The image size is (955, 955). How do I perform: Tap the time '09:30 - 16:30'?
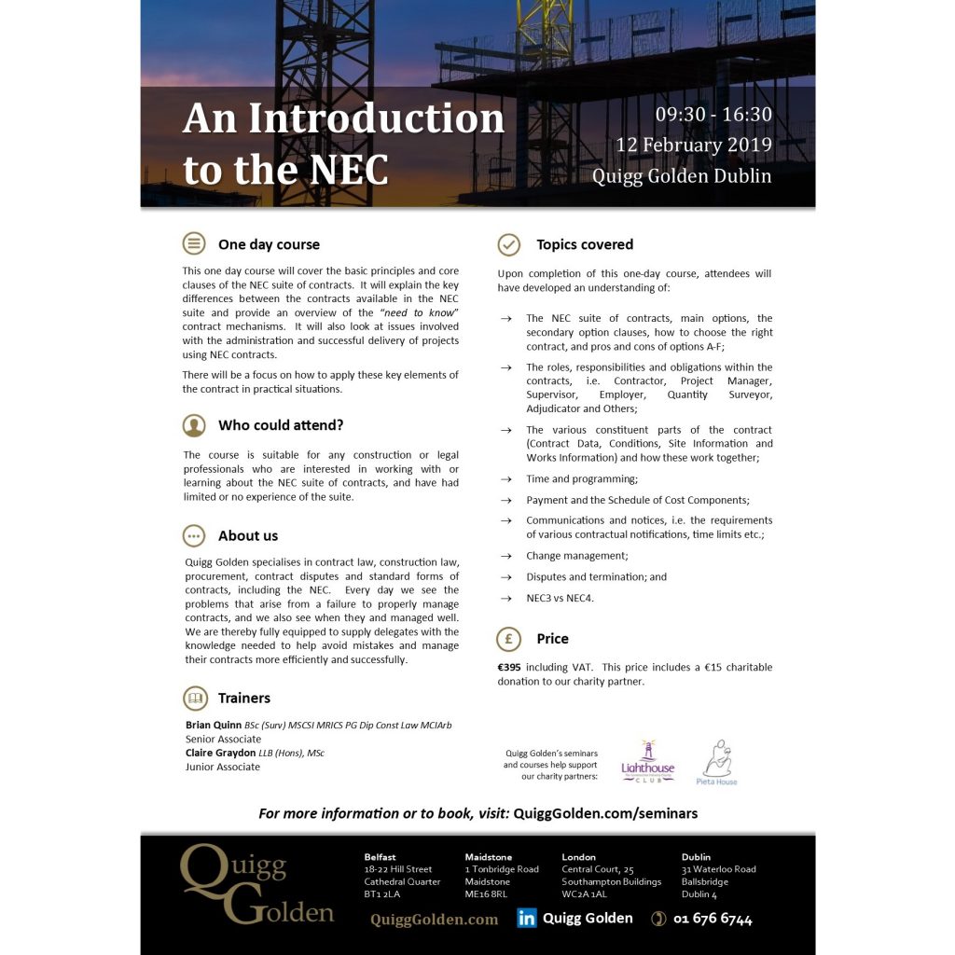(713, 116)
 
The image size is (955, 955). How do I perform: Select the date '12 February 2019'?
(693, 145)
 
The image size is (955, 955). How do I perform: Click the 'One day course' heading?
(269, 245)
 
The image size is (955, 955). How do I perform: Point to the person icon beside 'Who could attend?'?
(194, 425)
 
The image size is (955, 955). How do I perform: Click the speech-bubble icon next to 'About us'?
(194, 535)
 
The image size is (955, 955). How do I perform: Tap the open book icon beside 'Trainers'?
(194, 698)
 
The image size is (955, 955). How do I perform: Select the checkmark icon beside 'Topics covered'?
(508, 244)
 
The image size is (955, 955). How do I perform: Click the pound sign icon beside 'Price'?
(508, 639)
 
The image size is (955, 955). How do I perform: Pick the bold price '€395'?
(510, 667)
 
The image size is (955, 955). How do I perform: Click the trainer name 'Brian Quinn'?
(214, 726)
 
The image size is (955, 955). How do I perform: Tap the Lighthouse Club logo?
(647, 760)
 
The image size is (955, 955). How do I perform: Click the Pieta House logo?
(716, 762)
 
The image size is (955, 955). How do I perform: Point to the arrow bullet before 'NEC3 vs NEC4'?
(505, 598)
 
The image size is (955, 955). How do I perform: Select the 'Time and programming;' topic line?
(581, 478)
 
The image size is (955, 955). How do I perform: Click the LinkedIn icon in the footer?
(527, 919)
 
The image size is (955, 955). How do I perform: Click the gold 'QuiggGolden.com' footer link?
(434, 920)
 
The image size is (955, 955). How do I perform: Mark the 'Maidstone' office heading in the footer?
(489, 856)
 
